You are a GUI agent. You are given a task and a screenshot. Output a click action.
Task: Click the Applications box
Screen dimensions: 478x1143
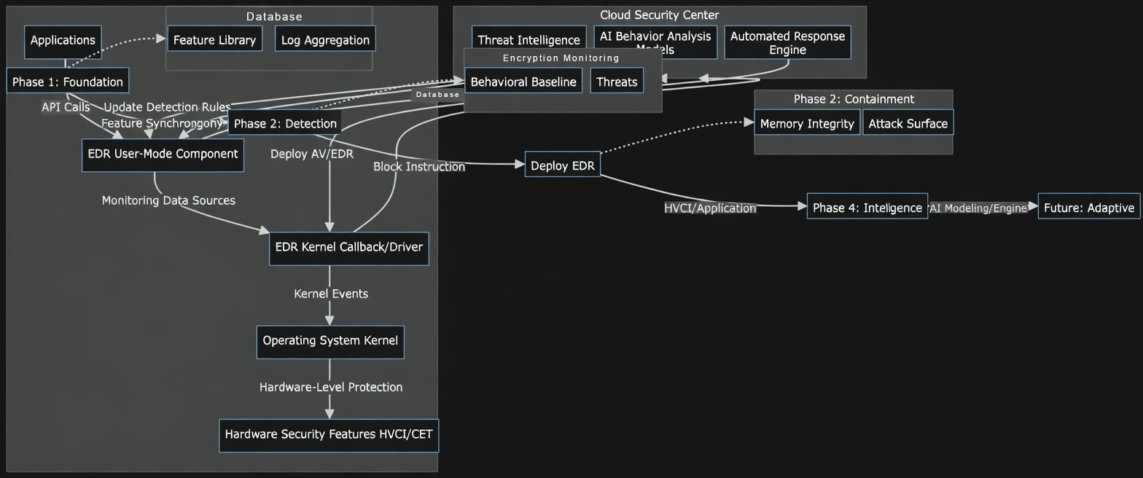point(63,41)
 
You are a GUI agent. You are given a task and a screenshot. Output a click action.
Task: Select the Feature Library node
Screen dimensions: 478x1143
point(214,39)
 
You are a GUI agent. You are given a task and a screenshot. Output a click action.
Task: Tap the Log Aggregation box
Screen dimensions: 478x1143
point(325,39)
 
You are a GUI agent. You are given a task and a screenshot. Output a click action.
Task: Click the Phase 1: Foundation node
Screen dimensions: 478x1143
point(68,81)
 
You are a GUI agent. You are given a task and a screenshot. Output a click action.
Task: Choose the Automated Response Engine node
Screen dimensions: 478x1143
point(787,42)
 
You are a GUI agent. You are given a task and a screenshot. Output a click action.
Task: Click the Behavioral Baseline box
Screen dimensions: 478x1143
point(523,81)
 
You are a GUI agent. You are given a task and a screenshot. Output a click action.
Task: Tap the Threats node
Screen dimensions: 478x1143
point(617,81)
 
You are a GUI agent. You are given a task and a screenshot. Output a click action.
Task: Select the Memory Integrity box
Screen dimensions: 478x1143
point(807,123)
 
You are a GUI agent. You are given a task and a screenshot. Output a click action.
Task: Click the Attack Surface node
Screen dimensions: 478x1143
point(908,123)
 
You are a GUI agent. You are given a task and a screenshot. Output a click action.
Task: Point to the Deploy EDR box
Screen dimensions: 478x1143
point(562,165)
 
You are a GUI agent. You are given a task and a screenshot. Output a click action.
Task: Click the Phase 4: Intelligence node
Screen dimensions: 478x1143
point(867,207)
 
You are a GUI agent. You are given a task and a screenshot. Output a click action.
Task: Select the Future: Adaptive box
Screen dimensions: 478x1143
point(1088,207)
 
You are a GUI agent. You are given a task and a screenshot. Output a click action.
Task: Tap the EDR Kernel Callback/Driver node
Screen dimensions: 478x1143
point(348,248)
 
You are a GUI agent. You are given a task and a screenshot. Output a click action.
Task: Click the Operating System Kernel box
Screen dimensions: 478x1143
point(330,341)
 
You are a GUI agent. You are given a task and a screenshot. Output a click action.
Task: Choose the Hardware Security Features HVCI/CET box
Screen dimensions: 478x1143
point(329,434)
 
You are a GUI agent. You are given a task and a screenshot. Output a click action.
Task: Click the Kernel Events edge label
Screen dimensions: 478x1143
point(331,294)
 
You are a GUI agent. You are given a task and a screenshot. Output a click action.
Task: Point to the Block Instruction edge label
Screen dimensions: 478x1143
point(419,167)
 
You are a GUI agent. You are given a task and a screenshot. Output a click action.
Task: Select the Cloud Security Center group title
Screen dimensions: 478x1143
point(659,15)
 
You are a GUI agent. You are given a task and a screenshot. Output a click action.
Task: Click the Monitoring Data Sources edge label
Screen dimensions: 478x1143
point(168,200)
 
